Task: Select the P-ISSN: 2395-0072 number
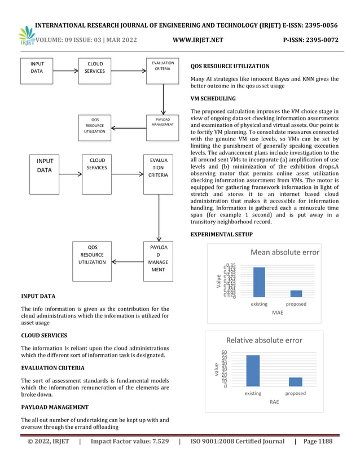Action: [310, 40]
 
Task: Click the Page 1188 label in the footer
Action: [318, 441]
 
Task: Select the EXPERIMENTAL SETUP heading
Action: [222, 234]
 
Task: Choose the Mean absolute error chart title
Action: [284, 252]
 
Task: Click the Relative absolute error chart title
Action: [264, 340]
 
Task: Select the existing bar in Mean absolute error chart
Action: [259, 282]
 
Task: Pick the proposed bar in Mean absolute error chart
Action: [296, 293]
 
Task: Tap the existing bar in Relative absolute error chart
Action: [253, 370]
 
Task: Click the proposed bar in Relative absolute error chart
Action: [295, 381]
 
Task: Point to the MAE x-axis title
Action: [278, 312]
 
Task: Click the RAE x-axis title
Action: [274, 402]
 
